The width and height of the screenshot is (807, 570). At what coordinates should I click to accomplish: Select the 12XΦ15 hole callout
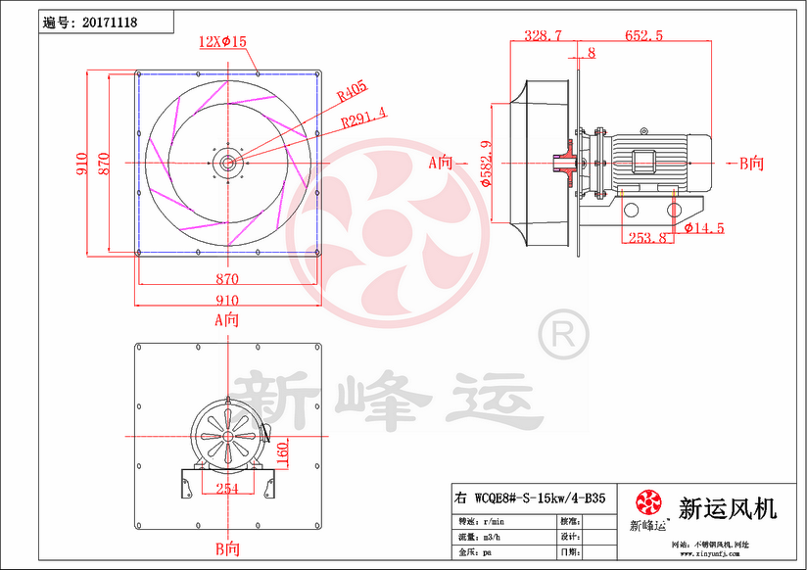222,41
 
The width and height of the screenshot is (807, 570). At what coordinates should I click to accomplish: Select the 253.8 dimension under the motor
647,237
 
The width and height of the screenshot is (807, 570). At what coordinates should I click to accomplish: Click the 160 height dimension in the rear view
282,453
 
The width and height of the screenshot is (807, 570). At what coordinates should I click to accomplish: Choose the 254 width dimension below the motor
227,489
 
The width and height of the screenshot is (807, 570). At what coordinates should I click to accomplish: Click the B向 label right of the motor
749,164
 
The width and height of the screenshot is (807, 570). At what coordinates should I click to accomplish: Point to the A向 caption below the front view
226,319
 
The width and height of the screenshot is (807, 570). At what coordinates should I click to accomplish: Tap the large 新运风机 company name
728,508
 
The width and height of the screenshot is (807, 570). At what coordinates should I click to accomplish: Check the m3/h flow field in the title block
486,538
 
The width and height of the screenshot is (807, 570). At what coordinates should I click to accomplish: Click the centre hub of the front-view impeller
227,163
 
